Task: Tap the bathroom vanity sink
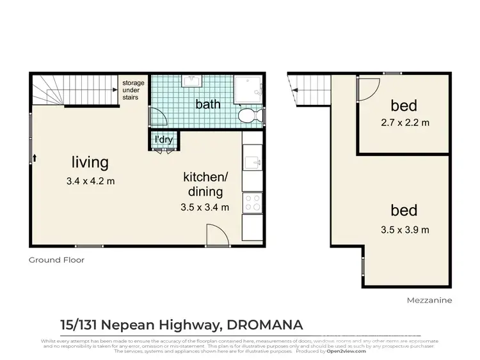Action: (191, 82)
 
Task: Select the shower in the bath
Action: (248, 90)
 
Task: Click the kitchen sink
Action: (252, 162)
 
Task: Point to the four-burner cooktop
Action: (253, 203)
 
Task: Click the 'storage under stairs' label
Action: (134, 90)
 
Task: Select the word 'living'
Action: (90, 162)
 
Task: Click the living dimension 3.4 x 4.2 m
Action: (90, 181)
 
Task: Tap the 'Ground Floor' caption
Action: (56, 260)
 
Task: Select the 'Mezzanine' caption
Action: (429, 300)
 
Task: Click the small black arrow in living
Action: (34, 157)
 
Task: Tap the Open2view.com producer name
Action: (342, 351)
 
